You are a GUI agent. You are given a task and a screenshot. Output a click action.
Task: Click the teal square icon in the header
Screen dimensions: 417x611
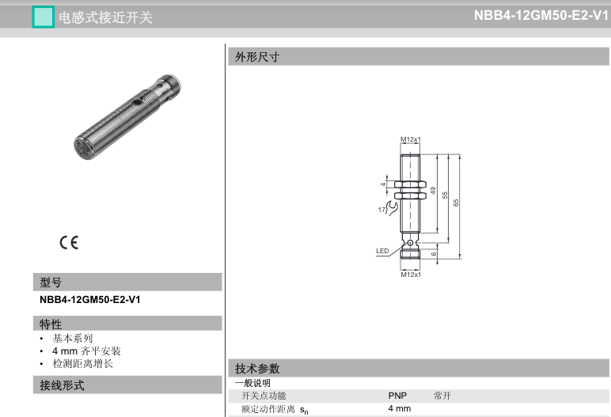(x=43, y=17)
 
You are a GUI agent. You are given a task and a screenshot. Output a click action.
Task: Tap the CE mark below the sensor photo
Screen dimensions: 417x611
(x=69, y=243)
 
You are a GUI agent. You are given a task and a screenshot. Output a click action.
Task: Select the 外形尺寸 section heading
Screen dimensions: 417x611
(x=257, y=56)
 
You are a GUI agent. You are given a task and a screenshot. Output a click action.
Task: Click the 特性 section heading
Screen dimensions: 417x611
(x=51, y=324)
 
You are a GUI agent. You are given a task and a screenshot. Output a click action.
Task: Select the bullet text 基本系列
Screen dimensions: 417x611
(x=73, y=338)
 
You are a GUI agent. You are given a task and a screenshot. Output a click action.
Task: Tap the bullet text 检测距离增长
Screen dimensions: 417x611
(x=83, y=363)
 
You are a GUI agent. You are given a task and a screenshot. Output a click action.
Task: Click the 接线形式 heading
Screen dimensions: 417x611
(x=62, y=385)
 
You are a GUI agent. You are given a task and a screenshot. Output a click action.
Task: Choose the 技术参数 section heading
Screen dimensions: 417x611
(x=257, y=369)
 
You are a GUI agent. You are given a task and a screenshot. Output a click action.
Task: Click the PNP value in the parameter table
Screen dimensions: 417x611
(x=397, y=396)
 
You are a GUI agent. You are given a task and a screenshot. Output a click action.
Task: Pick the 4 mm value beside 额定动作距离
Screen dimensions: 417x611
(x=399, y=408)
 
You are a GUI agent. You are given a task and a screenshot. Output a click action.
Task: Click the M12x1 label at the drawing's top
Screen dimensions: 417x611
(x=409, y=140)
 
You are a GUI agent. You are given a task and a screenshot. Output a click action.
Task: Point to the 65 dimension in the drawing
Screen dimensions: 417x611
(x=456, y=202)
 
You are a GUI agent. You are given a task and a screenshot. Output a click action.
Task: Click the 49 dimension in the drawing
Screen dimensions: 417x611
(x=433, y=191)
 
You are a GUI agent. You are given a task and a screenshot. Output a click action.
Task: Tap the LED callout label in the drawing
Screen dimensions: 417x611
(x=382, y=252)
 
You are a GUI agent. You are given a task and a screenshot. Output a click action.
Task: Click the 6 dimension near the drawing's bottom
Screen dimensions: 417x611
(x=434, y=253)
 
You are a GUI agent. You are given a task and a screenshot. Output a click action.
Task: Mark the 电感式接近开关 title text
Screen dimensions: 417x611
(x=104, y=17)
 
